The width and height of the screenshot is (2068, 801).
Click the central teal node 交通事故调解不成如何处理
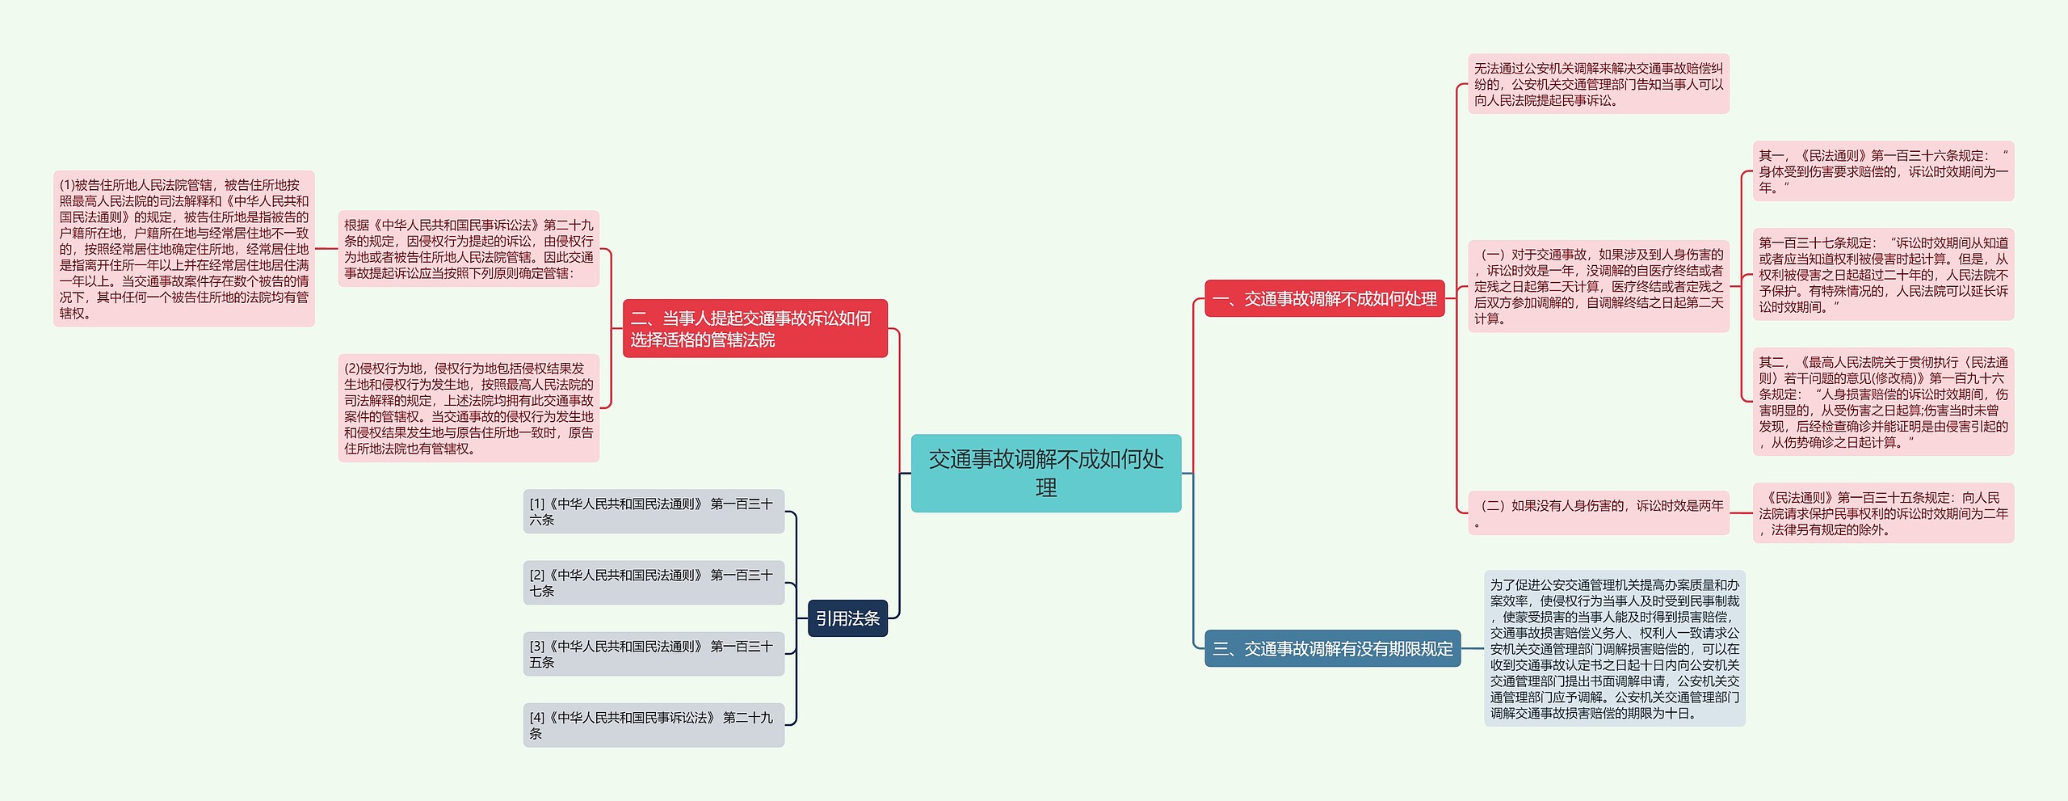(x=1045, y=473)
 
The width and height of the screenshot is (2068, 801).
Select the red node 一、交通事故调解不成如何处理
(x=1324, y=299)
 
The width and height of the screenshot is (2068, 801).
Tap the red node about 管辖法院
(x=754, y=329)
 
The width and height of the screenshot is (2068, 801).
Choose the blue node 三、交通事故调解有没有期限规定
(x=1332, y=648)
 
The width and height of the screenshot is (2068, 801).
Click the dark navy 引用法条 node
(x=847, y=618)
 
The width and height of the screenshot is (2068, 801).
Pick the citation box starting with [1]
(x=654, y=512)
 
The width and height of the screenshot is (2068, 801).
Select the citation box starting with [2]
(x=654, y=583)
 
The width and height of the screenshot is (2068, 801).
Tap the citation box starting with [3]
(x=654, y=654)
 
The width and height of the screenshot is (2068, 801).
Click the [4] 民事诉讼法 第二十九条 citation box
(x=654, y=725)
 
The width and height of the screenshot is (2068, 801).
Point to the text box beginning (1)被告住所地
(x=184, y=249)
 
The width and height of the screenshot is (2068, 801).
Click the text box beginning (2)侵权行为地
(x=469, y=408)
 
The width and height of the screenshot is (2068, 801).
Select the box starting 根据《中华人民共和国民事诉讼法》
(x=469, y=249)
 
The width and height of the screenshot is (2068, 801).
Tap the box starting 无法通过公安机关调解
(x=1598, y=84)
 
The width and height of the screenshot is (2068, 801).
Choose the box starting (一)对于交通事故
(x=1598, y=286)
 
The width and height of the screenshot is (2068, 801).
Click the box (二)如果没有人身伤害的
(x=1598, y=512)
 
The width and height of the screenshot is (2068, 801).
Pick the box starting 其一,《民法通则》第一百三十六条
(x=1882, y=171)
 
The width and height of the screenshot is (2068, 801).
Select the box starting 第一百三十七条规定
(x=1882, y=274)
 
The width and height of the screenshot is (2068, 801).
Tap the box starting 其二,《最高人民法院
(x=1882, y=402)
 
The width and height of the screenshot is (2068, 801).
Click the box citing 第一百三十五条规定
(x=1882, y=513)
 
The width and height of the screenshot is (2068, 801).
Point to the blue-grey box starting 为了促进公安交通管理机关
(x=1614, y=648)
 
